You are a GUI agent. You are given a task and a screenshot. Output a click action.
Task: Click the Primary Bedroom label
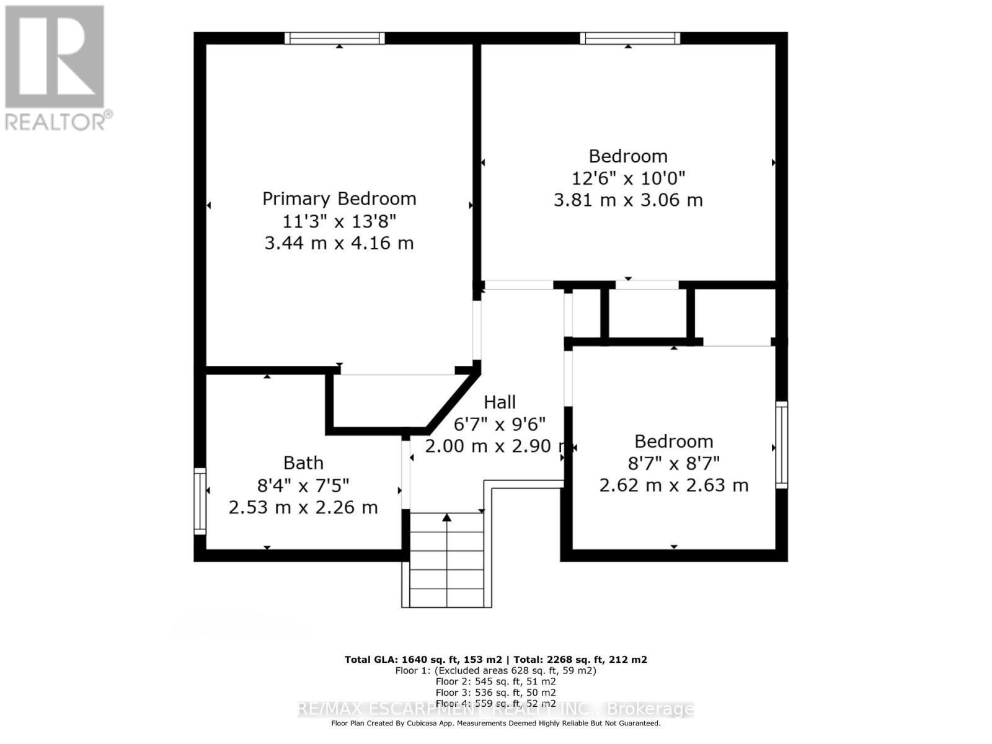coord(339,198)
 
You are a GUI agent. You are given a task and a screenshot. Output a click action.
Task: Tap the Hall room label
coord(500,402)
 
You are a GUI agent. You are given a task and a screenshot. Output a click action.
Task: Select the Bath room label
coord(303,463)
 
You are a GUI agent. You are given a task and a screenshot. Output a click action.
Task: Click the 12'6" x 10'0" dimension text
coord(628,179)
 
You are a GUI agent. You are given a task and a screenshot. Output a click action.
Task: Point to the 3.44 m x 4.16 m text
coord(339,243)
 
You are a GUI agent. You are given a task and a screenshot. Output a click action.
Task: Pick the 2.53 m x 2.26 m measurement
coord(303,508)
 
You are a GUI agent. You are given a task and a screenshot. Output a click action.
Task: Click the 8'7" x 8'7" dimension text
coord(674,463)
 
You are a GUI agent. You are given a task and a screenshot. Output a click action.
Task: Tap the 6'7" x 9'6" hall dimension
coord(500,425)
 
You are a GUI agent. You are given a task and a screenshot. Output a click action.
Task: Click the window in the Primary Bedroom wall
coord(335,38)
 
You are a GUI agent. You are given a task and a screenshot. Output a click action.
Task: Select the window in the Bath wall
coord(200,501)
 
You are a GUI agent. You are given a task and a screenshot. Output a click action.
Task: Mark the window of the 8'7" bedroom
coord(782,445)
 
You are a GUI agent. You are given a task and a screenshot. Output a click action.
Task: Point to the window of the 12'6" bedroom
coord(630,38)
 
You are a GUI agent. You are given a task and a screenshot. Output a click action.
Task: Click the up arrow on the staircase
coord(447,518)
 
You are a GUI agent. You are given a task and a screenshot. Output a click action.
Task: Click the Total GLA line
coord(496,660)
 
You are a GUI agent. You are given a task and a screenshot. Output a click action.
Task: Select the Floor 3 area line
coord(496,693)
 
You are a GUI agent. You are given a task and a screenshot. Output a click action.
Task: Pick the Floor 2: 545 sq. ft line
coord(496,681)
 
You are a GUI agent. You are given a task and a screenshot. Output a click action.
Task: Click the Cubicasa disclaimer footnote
coord(496,724)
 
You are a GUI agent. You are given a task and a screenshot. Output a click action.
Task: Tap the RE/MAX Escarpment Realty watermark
coord(496,709)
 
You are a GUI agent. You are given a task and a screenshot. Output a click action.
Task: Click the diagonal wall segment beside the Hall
coord(453,401)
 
